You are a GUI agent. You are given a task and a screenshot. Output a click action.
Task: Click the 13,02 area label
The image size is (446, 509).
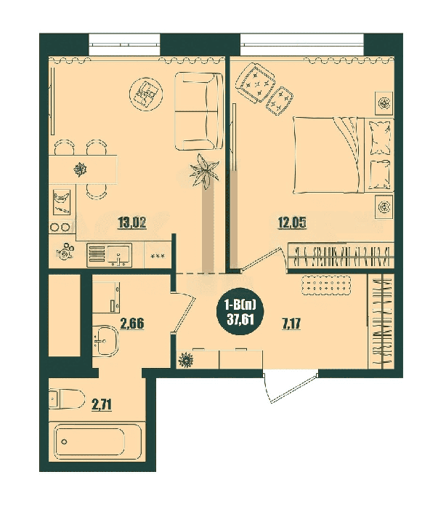(132, 223)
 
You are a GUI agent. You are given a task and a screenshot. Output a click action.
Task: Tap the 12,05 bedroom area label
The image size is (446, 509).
(292, 223)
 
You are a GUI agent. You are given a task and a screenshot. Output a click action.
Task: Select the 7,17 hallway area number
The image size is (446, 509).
(291, 324)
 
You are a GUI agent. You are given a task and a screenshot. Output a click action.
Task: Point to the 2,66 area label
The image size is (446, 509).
(132, 324)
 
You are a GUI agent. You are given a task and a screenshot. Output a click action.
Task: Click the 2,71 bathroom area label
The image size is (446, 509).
(102, 405)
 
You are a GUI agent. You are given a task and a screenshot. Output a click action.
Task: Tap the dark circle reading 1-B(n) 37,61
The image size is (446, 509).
(240, 312)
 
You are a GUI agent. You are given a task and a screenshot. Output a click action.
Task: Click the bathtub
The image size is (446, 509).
(97, 442)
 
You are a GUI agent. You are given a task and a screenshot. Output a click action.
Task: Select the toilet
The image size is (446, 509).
(67, 398)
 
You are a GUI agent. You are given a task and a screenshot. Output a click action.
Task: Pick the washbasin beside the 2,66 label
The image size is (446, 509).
(105, 341)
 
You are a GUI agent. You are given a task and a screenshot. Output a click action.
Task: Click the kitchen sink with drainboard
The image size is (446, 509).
(109, 255)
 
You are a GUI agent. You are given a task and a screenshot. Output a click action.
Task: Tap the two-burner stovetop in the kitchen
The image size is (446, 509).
(61, 227)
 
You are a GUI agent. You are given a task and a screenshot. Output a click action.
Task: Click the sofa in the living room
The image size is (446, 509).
(199, 111)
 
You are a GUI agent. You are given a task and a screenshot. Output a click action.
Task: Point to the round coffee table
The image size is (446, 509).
(145, 94)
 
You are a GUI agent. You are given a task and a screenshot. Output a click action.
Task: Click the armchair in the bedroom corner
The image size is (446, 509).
(256, 82)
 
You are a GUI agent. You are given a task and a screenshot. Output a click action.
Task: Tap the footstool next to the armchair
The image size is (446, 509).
(280, 101)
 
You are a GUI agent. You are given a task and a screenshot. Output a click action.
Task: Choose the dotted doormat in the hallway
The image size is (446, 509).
(326, 286)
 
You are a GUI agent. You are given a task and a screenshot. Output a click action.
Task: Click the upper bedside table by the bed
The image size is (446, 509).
(385, 103)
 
